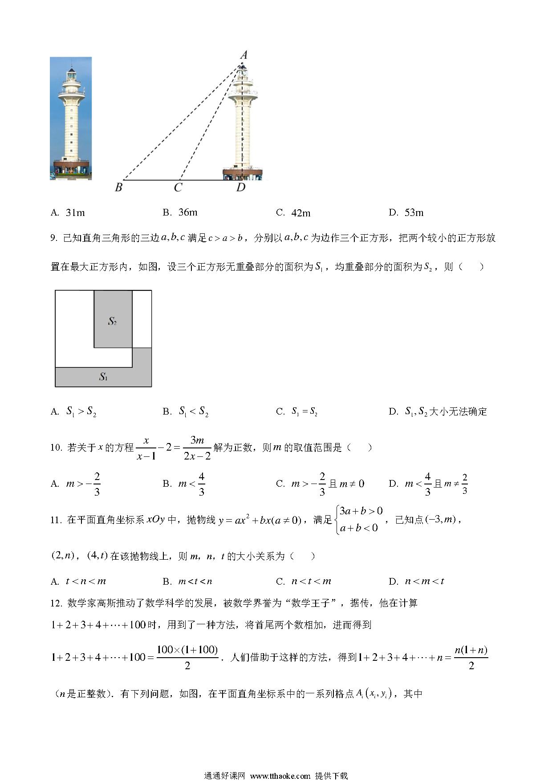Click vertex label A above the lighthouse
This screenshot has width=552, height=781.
244,55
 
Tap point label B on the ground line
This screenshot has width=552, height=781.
118,187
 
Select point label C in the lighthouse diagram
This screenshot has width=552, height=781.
178,188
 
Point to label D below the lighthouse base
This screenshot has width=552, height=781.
241,187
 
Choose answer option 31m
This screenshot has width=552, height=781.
75,213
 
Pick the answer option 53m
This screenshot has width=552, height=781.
414,213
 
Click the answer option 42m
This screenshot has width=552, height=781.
300,213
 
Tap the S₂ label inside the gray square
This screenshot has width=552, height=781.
112,321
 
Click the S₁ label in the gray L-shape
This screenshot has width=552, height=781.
103,377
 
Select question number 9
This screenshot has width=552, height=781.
54,238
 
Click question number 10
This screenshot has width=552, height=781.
56,447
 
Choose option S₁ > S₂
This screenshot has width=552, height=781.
81,411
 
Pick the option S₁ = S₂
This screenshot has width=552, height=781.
304,411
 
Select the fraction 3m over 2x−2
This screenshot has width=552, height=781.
197,448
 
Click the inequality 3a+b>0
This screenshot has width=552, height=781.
361,511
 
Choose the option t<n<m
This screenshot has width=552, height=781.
85,581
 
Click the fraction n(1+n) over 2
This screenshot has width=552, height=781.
471,657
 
